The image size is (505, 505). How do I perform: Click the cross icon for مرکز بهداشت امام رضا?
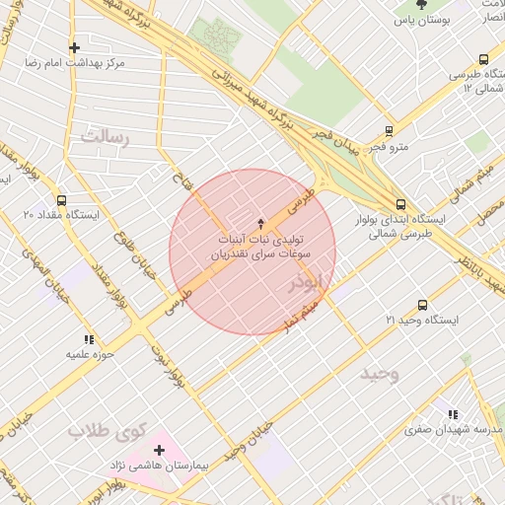[74, 46]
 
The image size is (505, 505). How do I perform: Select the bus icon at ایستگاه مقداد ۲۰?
[62, 200]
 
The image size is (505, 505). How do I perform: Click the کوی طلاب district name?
[107, 431]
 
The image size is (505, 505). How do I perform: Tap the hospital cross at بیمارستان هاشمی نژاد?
[159, 450]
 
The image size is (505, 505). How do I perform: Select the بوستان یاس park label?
[422, 20]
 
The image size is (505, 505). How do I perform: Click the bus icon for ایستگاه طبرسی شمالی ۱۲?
[483, 59]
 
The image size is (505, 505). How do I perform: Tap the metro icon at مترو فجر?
[390, 130]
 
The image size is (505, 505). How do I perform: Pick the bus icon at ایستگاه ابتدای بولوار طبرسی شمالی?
[399, 204]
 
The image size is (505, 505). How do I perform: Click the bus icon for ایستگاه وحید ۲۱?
[423, 305]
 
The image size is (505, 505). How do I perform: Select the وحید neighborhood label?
[379, 374]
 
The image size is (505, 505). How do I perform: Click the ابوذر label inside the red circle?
[305, 283]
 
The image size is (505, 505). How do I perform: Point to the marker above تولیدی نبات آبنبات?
[260, 223]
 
